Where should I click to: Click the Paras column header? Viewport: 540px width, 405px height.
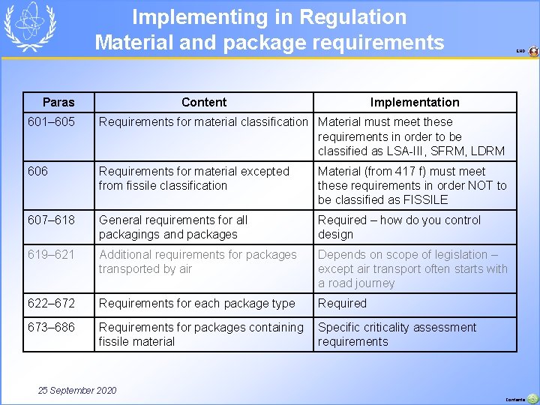click(58, 102)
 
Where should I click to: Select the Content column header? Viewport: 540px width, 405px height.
click(204, 102)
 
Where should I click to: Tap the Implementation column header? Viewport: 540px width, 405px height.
click(415, 102)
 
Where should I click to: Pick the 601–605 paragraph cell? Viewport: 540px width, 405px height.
click(50, 121)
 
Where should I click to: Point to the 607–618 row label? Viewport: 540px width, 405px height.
click(50, 220)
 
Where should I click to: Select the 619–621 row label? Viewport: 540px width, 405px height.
click(50, 254)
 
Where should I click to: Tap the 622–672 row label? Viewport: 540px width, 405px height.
click(50, 303)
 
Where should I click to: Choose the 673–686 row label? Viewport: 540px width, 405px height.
click(50, 327)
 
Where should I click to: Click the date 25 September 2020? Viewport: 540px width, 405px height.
click(77, 390)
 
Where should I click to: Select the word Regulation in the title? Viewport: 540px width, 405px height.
click(352, 17)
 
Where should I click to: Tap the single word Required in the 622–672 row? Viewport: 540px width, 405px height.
click(342, 303)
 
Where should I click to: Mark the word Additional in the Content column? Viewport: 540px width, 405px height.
click(127, 254)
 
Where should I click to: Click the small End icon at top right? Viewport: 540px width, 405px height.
click(532, 52)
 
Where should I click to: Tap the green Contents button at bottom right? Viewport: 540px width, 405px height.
click(532, 399)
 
